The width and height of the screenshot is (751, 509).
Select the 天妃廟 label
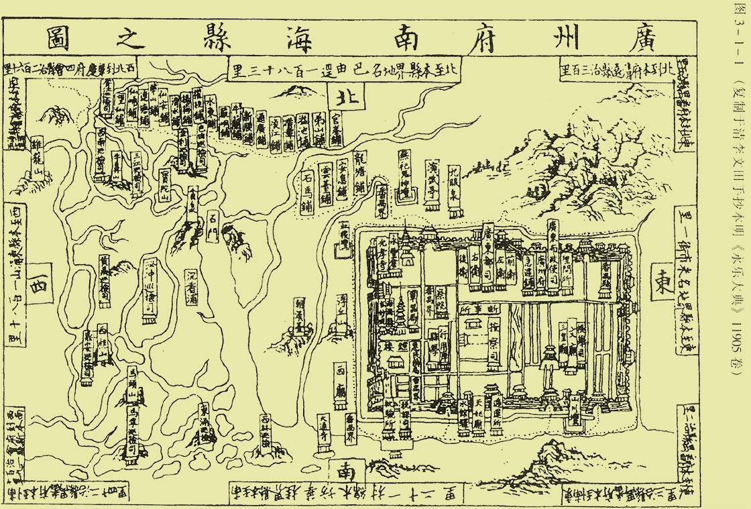478,415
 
